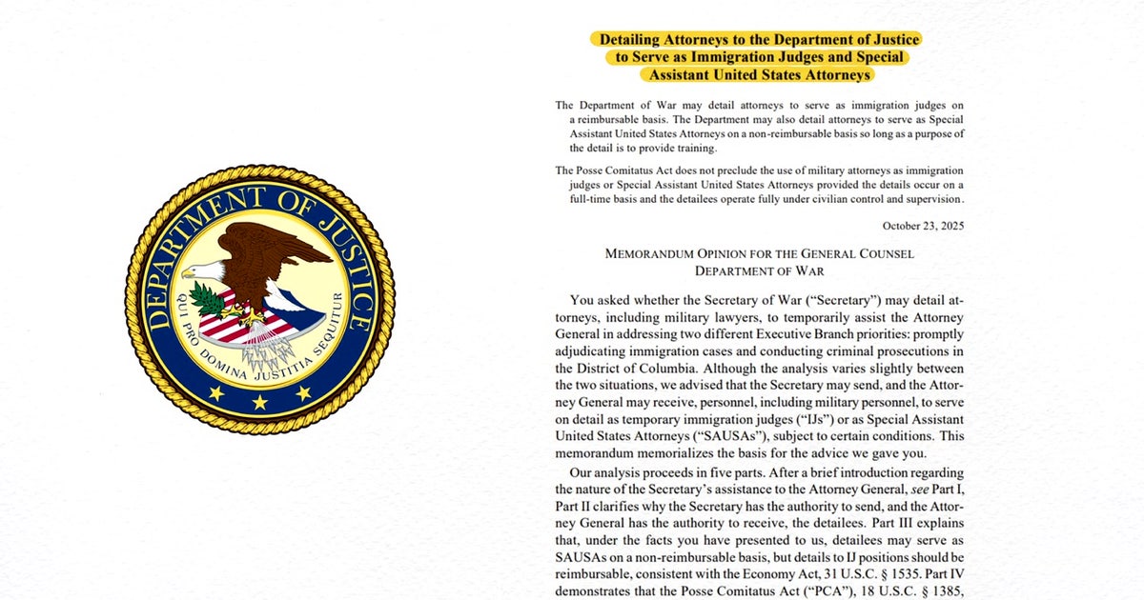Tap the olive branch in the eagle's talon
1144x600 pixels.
(209, 303)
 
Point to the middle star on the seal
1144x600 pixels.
(259, 402)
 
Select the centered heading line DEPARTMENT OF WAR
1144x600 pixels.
(759, 271)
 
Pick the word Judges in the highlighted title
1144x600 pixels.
(781, 57)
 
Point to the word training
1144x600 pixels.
(692, 148)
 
